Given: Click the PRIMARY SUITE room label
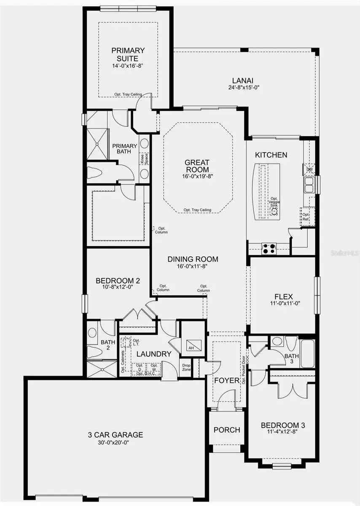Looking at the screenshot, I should point(128,54).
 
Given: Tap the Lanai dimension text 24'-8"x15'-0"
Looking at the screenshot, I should point(245,88).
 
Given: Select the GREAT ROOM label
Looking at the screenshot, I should point(197,166).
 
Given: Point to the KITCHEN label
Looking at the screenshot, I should point(271,155).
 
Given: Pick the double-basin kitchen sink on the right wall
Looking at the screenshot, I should point(309,183).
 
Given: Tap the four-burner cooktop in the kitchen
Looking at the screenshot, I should point(269,248).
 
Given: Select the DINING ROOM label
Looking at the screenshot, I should point(193,259).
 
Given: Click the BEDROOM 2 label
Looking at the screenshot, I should point(118,281).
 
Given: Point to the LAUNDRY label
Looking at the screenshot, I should point(153,354).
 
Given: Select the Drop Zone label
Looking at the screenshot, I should point(186,367).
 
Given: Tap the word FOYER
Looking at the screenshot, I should point(227,380).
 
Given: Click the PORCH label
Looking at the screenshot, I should point(227,430).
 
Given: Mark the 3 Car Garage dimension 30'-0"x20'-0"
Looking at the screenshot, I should point(115,442).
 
